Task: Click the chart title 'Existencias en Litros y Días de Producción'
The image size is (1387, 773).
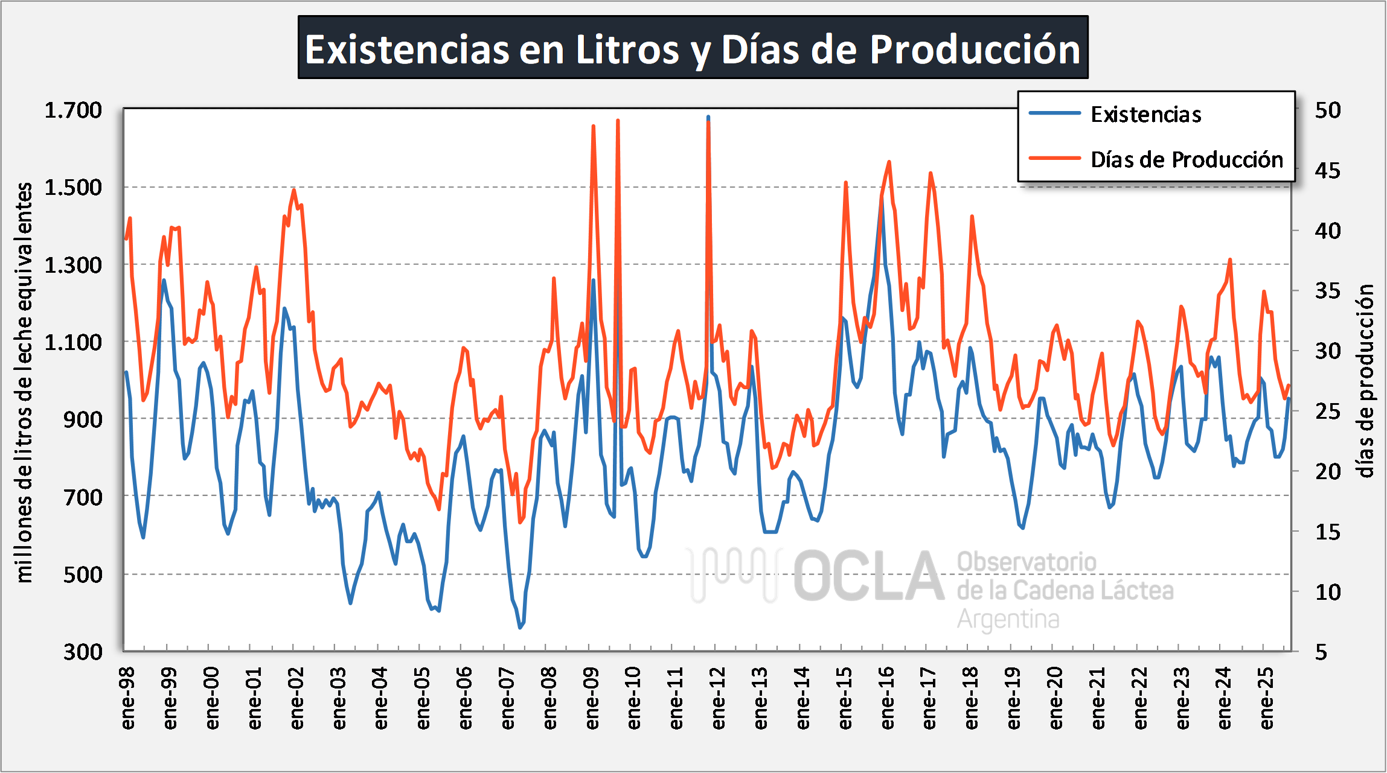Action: pyautogui.click(x=693, y=48)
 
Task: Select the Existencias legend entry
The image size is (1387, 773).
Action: pyautogui.click(x=1145, y=114)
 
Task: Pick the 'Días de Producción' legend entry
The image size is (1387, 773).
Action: pyautogui.click(x=1187, y=159)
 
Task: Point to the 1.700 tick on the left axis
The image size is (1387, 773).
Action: pyautogui.click(x=73, y=110)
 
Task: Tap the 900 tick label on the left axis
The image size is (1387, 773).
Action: pyautogui.click(x=83, y=419)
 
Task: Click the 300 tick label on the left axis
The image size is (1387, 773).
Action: pyautogui.click(x=83, y=652)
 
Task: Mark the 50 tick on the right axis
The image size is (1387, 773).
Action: pyautogui.click(x=1328, y=110)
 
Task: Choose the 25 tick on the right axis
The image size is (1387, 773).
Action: pyautogui.click(x=1328, y=412)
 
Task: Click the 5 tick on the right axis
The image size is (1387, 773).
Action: pyautogui.click(x=1321, y=652)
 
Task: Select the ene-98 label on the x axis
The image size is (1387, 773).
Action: pyautogui.click(x=128, y=698)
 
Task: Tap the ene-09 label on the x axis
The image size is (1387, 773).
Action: pyautogui.click(x=592, y=698)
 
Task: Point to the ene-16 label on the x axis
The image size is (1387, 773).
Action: pyautogui.click(x=887, y=698)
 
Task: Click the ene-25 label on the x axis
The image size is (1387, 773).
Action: pyautogui.click(x=1267, y=698)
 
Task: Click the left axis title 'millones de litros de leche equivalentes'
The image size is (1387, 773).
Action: pyautogui.click(x=24, y=382)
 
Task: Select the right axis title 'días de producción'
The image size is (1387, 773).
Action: pyautogui.click(x=1366, y=380)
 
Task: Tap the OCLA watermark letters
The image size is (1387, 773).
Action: pyautogui.click(x=868, y=577)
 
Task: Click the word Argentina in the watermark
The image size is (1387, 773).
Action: pyautogui.click(x=1008, y=619)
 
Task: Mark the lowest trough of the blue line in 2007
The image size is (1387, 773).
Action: pyautogui.click(x=520, y=628)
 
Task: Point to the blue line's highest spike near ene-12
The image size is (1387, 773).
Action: pyautogui.click(x=708, y=117)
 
